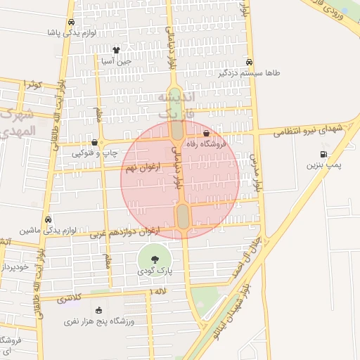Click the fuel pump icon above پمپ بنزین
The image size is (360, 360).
tap(323, 154)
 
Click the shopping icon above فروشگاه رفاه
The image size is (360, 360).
tap(205, 133)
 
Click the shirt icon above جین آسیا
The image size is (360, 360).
tap(116, 51)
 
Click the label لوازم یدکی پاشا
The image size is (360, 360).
tap(71, 32)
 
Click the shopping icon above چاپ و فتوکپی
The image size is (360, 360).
tap(94, 142)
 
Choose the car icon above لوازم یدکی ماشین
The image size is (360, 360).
tap(48, 219)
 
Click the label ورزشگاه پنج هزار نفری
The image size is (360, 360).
tap(98, 321)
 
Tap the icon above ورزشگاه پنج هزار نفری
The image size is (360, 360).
tap(98, 310)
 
